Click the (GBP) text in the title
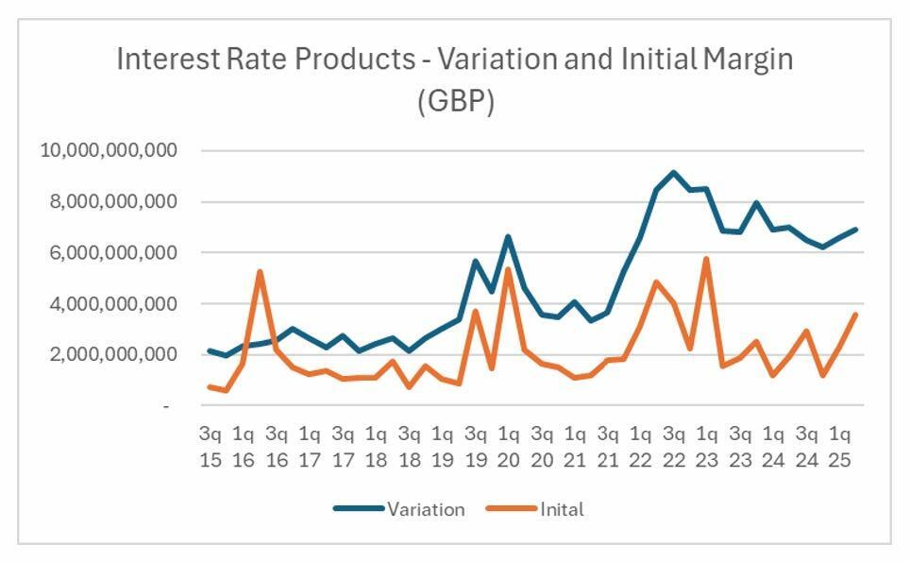coord(455,101)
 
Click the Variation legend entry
coord(425,509)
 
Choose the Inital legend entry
coord(562,509)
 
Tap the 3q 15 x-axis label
coord(209,448)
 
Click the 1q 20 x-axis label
coord(508,448)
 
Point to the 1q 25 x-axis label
coord(839,448)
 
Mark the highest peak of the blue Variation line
coord(673,172)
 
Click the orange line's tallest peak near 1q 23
coord(706,259)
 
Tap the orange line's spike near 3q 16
coord(260,272)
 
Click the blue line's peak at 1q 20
coord(508,236)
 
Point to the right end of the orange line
coord(855,315)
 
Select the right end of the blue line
coord(855,229)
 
